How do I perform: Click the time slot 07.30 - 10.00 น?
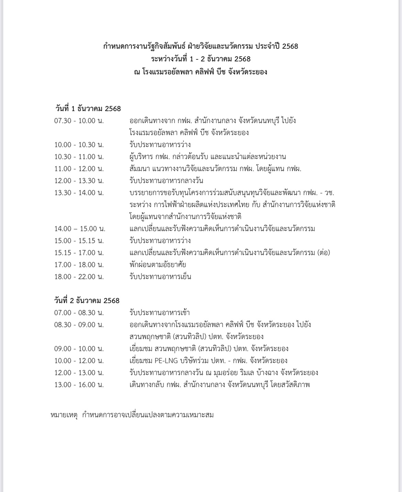(79, 121)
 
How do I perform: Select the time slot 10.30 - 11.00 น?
(79, 157)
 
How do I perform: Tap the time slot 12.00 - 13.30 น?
(79, 181)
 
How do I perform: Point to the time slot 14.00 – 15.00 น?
(80, 229)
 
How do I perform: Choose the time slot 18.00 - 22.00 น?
(79, 277)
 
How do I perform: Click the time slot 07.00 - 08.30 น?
(79, 313)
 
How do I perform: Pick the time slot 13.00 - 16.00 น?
(79, 385)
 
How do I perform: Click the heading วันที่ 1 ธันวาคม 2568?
(88, 109)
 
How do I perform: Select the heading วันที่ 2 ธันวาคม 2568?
(87, 301)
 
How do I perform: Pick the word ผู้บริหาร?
(140, 157)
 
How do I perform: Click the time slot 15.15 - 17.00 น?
(79, 253)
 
